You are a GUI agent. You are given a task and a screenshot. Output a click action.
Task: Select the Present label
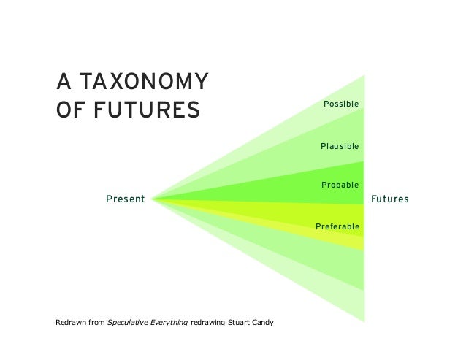point(125,199)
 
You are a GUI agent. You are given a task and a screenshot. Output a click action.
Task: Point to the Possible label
point(341,104)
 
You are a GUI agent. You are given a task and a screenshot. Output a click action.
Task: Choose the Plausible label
point(340,147)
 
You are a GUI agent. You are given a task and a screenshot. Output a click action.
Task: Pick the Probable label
point(340,185)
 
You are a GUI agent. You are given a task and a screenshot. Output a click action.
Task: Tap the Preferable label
point(337,226)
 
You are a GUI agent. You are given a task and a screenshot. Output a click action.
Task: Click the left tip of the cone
point(152,199)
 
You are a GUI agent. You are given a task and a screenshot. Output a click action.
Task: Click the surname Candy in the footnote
point(262,322)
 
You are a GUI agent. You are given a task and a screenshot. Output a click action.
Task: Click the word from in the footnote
point(97,322)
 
